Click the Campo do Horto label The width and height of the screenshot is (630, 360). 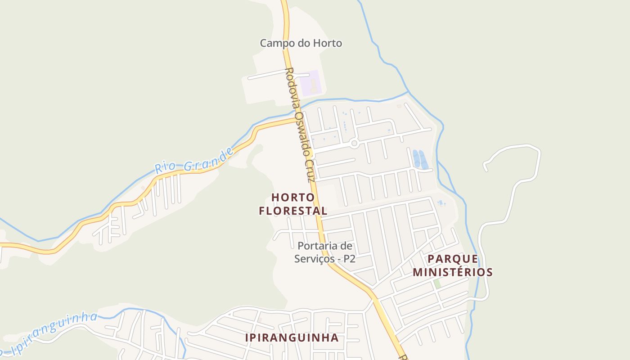tap(301, 43)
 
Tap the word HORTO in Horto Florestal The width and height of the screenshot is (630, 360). tap(293, 197)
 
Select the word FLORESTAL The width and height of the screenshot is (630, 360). tap(293, 211)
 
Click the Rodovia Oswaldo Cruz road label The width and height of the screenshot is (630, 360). tap(300, 125)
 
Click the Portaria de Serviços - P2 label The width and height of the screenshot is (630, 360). tap(325, 252)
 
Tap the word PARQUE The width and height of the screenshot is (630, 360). tap(453, 259)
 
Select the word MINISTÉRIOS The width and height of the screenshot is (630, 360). tap(453, 272)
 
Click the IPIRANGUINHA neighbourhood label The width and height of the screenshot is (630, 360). tap(292, 337)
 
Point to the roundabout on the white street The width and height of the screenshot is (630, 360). tap(354, 144)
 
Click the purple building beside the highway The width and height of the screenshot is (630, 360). tap(311, 83)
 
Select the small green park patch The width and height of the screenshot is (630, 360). tap(437, 284)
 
